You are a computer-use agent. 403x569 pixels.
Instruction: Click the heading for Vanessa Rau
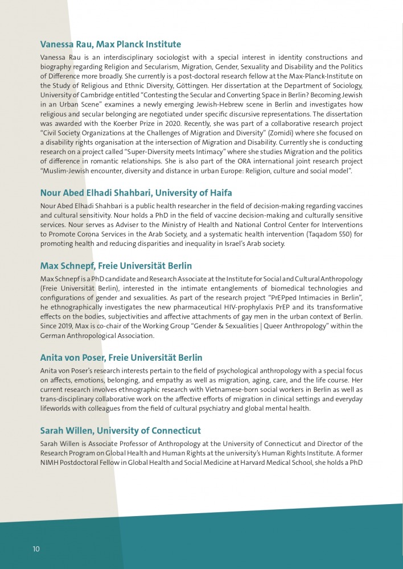click(110, 44)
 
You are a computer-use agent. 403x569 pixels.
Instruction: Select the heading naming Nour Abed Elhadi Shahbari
click(136, 193)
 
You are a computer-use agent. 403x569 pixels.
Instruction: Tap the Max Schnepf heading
click(116, 266)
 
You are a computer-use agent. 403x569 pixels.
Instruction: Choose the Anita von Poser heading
click(121, 358)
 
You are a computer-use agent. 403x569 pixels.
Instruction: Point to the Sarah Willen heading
click(120, 431)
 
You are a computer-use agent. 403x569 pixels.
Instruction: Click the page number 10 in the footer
click(36, 549)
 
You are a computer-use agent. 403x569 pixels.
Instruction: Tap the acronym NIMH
click(51, 463)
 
